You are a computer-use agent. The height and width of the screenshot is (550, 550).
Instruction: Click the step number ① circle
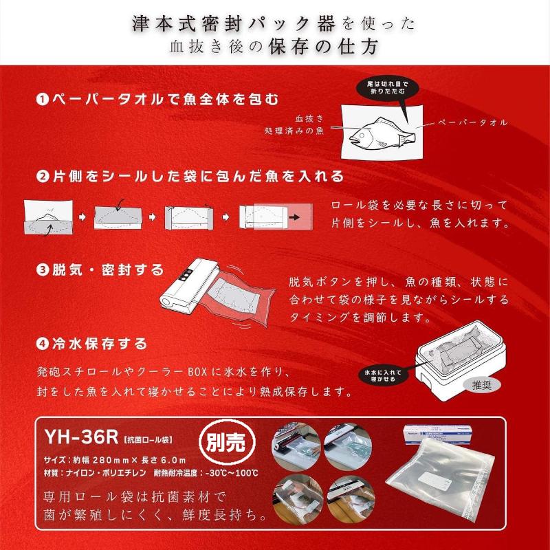(42, 99)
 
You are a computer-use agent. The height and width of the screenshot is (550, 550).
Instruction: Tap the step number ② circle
(42, 176)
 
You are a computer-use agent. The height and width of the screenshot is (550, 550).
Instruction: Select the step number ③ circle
(42, 269)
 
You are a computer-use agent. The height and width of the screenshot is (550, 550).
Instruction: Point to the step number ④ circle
(42, 342)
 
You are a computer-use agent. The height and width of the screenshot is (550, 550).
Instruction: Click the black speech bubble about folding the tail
(387, 87)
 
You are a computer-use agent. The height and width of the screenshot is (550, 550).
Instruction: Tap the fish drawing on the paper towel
(382, 131)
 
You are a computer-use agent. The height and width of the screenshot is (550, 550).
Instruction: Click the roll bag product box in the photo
(443, 438)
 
